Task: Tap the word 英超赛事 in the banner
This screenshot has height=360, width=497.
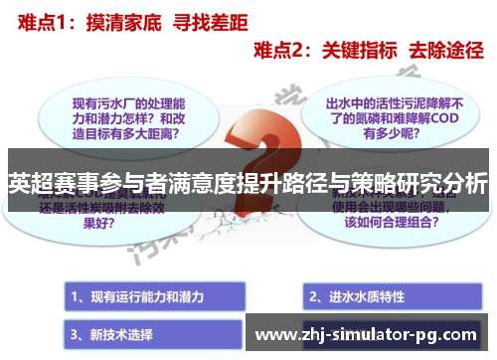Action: (x=45, y=183)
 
